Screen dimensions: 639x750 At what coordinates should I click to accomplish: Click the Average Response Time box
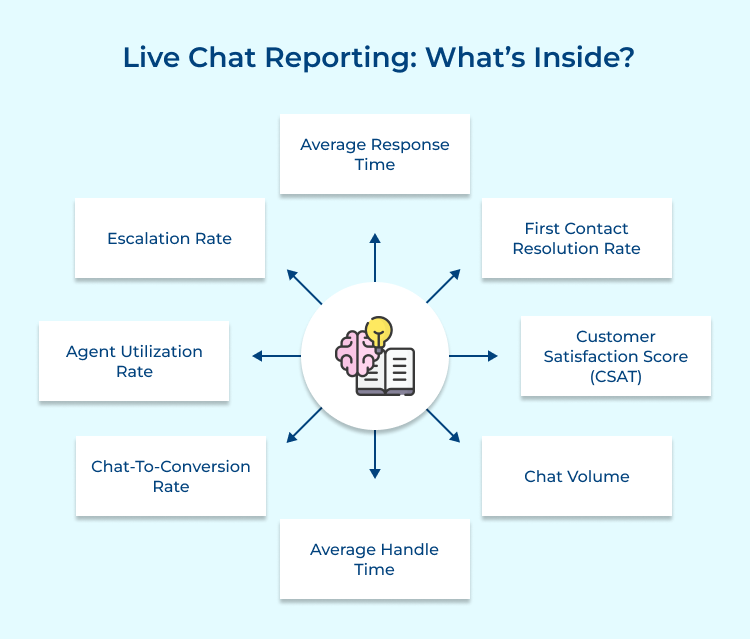click(x=375, y=154)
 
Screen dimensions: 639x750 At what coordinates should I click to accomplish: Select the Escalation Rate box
click(x=170, y=238)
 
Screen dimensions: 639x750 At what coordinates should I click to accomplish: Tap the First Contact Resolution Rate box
click(x=576, y=238)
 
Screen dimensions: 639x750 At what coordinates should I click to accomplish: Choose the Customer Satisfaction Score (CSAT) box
click(x=615, y=356)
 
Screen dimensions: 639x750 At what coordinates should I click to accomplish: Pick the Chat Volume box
click(x=576, y=476)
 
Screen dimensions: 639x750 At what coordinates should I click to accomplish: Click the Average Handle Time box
click(x=375, y=559)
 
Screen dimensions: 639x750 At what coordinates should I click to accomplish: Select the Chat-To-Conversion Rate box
click(x=170, y=476)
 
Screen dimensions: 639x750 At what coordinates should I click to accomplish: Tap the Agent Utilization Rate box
click(x=134, y=361)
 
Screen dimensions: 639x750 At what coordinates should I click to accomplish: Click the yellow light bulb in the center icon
click(x=379, y=331)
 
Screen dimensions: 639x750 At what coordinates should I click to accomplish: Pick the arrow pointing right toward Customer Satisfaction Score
click(x=474, y=356)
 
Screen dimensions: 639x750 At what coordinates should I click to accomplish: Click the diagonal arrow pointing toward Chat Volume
click(x=444, y=426)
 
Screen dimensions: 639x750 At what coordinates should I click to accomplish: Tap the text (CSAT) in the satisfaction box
click(x=615, y=376)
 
